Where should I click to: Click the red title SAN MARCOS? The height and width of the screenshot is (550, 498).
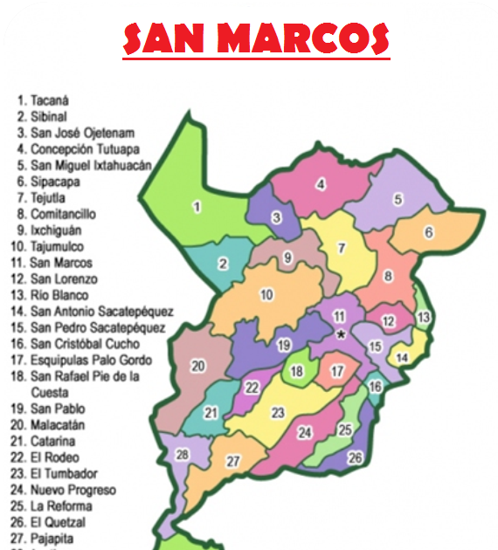pyautogui.click(x=256, y=38)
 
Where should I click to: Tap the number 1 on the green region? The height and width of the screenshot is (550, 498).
pyautogui.click(x=197, y=207)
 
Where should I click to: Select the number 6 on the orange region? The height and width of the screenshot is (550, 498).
pyautogui.click(x=429, y=232)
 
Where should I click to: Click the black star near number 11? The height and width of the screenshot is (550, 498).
pyautogui.click(x=342, y=334)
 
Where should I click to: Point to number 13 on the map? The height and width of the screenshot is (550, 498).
pyautogui.click(x=423, y=317)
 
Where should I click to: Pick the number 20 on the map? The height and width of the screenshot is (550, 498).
pyautogui.click(x=198, y=366)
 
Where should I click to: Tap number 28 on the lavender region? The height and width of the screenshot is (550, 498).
pyautogui.click(x=182, y=455)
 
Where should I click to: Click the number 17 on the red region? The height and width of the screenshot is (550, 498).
pyautogui.click(x=335, y=371)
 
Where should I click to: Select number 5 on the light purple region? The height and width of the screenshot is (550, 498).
pyautogui.click(x=398, y=199)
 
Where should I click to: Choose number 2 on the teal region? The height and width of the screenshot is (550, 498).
pyautogui.click(x=224, y=264)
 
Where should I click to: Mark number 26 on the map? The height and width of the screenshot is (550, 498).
pyautogui.click(x=355, y=457)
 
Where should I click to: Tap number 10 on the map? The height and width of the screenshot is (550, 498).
pyautogui.click(x=267, y=294)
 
